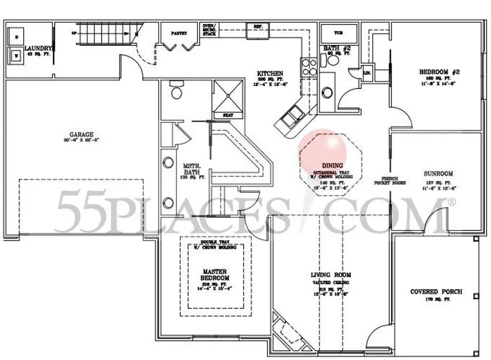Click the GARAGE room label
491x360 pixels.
click(82, 135)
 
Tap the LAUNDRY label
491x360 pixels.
click(39, 49)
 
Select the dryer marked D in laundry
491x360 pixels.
click(16, 37)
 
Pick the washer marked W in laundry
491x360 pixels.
click(16, 56)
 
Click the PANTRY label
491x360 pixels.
click(179, 34)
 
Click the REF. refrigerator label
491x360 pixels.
click(257, 26)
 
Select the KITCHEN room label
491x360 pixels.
click(270, 74)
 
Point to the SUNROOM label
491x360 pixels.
click(438, 173)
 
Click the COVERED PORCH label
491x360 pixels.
click(436, 292)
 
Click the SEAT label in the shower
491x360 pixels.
click(228, 115)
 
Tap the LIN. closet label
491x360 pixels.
click(367, 72)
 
